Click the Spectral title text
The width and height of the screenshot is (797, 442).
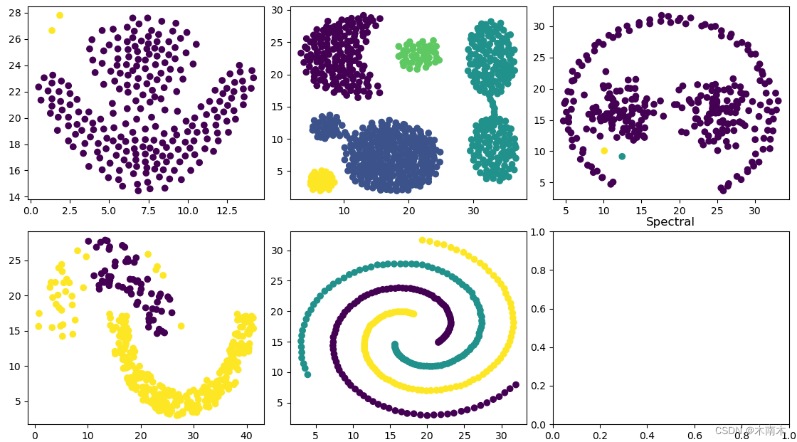670,222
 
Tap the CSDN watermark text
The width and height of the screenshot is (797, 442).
750,431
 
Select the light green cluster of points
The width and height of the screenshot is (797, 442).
418,53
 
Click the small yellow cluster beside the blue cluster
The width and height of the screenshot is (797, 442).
322,181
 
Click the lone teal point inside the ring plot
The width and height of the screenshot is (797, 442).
622,156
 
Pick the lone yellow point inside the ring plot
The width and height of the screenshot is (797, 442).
604,151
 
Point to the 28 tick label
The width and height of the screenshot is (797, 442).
15,13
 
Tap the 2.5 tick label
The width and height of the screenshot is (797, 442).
69,211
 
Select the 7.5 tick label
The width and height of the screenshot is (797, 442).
148,211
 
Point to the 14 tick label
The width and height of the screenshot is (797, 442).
15,197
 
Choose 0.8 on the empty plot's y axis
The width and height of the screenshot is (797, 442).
538,270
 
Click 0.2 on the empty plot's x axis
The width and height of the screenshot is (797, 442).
601,435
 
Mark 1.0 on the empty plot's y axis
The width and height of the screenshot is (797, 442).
538,232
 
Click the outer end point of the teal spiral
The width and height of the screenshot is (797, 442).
307,375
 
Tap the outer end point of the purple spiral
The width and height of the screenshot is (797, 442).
516,384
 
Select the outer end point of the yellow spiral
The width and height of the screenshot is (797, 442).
422,240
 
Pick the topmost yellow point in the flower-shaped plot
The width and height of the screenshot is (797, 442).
60,15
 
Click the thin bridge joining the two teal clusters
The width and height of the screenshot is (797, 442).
492,105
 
